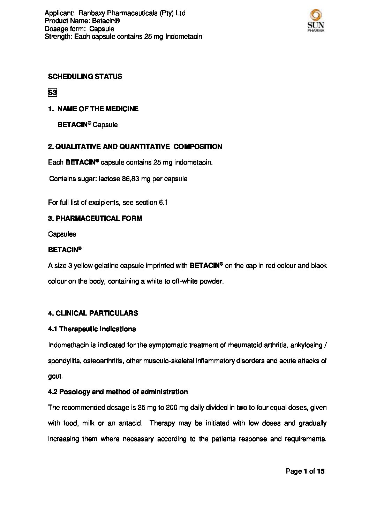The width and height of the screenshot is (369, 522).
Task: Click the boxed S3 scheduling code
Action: point(52,93)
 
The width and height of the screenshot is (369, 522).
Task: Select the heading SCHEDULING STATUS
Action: point(85,76)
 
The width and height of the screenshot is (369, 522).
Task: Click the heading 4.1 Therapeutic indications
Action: point(92,329)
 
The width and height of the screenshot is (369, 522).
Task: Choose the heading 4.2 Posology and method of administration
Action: point(118,392)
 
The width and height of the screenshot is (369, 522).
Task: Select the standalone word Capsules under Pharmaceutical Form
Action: point(62,234)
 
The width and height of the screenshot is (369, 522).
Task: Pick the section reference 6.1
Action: point(163,202)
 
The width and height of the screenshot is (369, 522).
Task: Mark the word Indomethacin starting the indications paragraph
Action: point(66,345)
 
